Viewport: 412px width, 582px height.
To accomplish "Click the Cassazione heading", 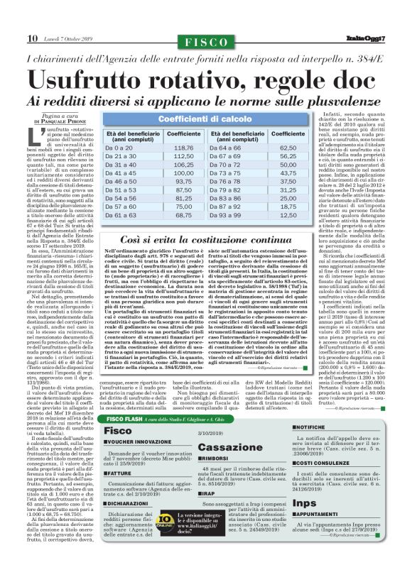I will pos(223,448).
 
